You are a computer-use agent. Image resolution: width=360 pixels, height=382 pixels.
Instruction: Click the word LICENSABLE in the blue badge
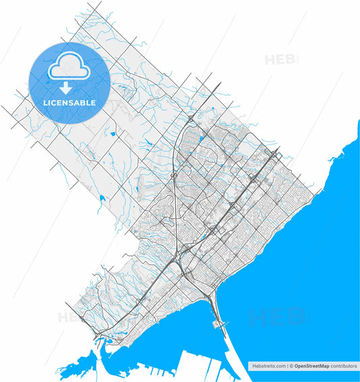[x=70, y=103]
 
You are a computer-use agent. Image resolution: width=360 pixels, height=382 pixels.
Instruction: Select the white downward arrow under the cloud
[x=66, y=87]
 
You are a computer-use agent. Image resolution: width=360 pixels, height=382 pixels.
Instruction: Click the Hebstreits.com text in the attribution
[x=268, y=366]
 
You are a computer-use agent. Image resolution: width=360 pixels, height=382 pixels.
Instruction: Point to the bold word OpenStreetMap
[x=311, y=366]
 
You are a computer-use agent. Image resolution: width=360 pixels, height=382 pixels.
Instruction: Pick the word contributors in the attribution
[x=344, y=366]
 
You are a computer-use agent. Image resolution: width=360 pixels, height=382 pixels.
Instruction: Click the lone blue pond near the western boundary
[x=101, y=198]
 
